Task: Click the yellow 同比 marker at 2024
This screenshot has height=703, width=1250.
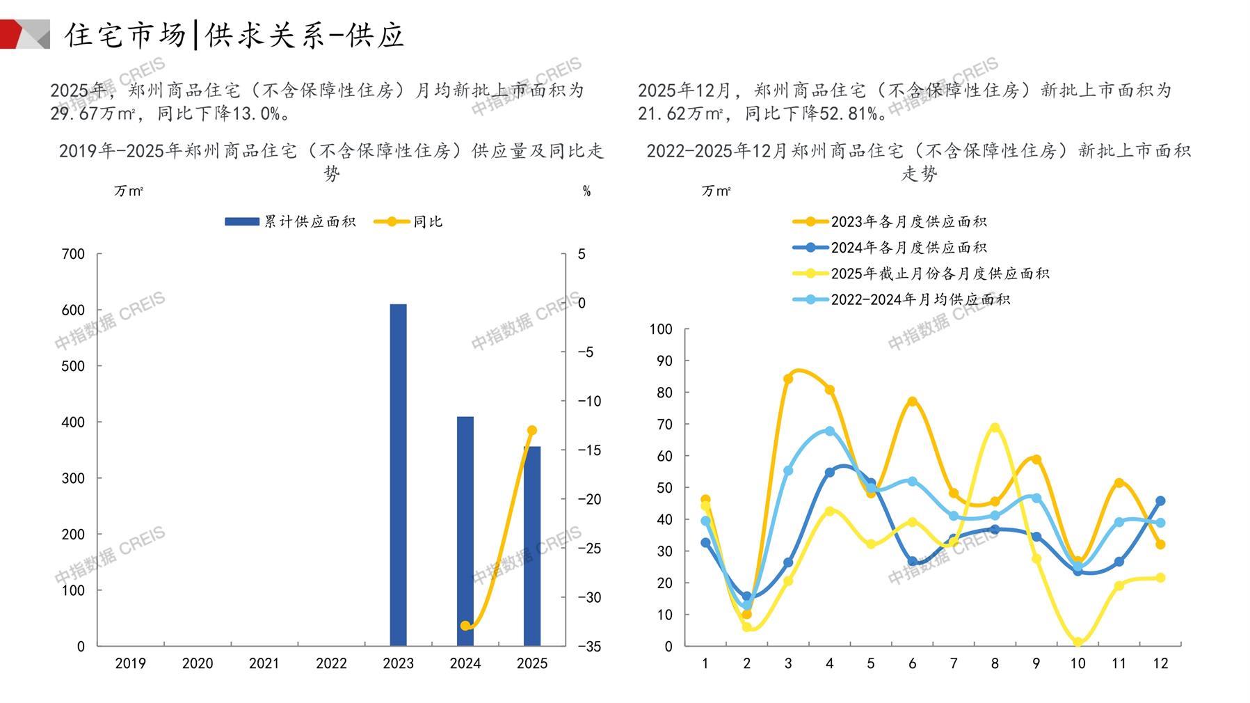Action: pos(465,626)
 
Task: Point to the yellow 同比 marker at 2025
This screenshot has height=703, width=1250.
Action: pos(532,431)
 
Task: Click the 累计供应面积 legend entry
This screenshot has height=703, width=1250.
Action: pos(291,222)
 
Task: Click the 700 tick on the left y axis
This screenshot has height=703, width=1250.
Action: pos(73,254)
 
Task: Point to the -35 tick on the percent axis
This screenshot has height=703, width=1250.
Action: pos(588,647)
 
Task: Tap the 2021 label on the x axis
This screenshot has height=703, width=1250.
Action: pos(264,664)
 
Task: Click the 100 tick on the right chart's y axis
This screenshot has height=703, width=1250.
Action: pos(661,329)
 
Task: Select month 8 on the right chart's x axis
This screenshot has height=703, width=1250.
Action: pos(995,664)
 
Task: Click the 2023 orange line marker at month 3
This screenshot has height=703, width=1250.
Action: pos(788,379)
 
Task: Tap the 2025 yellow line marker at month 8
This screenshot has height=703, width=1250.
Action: pos(995,428)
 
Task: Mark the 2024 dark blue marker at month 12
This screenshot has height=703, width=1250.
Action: pos(1160,501)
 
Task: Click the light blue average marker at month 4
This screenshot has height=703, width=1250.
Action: pos(829,431)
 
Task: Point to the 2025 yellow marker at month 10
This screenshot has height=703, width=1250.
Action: pos(1077,642)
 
